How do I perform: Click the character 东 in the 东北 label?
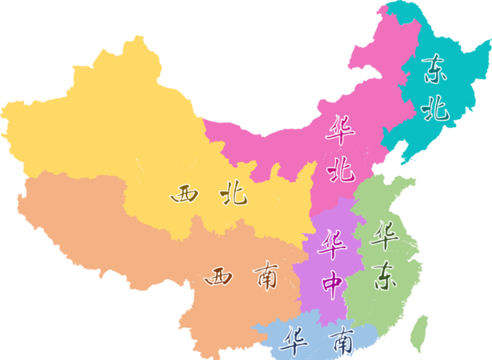click(x=435, y=70)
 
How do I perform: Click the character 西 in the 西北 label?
click(x=184, y=194)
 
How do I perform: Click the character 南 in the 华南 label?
click(x=342, y=342)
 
